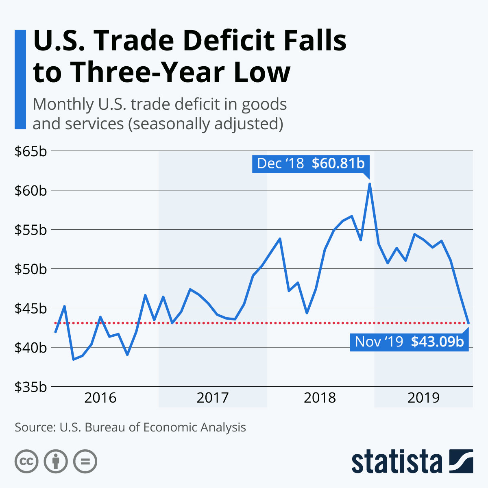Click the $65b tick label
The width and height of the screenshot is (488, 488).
pos(30,151)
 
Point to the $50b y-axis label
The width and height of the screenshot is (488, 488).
pos(30,269)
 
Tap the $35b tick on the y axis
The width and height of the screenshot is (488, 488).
pos(30,387)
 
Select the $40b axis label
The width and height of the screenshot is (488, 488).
pos(30,348)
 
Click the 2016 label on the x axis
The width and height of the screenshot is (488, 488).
pos(100,397)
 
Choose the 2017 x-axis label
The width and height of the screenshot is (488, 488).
pos(213,397)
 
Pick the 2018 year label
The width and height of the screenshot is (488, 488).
pos(320,397)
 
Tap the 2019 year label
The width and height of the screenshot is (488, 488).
pos(424,397)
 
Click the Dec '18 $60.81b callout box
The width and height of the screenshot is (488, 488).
pos(311,163)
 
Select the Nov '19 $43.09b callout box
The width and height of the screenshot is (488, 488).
pos(409,342)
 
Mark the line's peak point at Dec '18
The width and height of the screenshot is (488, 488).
pos(370,184)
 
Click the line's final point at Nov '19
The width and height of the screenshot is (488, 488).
pos(469,323)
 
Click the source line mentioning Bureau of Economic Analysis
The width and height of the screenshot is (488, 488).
pos(130,427)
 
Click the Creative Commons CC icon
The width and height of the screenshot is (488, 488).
pos(26,462)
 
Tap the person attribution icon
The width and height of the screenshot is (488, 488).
pos(56,462)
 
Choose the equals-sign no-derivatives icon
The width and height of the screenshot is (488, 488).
pos(85,462)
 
